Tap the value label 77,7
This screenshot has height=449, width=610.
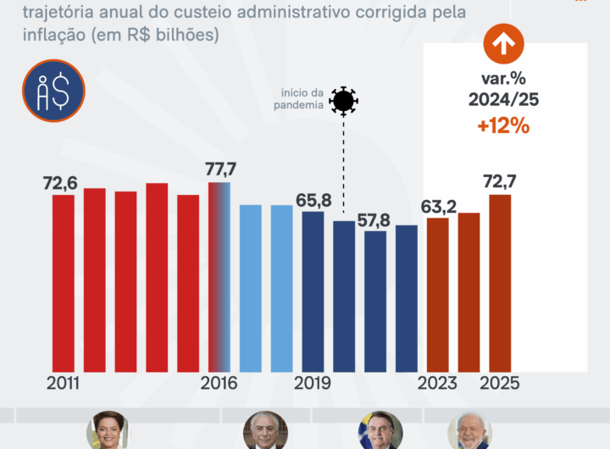(x=220, y=169)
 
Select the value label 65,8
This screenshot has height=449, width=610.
(x=313, y=200)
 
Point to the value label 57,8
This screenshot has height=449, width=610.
(x=374, y=219)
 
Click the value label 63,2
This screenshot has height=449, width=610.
(x=437, y=207)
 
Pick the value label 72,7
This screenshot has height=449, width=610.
(x=500, y=183)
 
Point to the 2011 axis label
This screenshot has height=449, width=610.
(x=63, y=383)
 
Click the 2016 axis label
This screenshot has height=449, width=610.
(x=219, y=383)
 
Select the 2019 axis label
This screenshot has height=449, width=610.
(x=312, y=383)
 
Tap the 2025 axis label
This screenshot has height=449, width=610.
(x=500, y=383)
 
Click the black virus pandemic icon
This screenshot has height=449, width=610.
(x=343, y=101)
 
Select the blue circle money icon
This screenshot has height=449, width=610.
(x=53, y=91)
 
